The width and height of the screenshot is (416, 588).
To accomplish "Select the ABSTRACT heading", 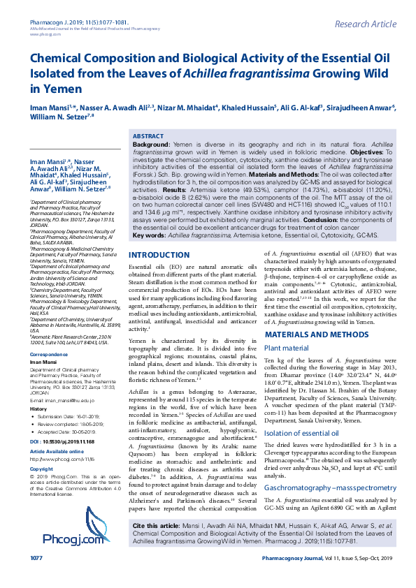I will [x=148, y=136].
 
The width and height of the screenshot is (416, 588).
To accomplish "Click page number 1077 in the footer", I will [x=36, y=578].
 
